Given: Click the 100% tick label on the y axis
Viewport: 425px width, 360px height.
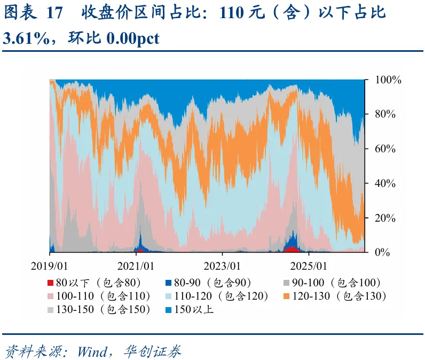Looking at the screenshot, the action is (x=388, y=80).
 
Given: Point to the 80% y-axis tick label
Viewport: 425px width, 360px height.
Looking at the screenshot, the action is (x=385, y=114).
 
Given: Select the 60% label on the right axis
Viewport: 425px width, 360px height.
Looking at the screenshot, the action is (x=385, y=149).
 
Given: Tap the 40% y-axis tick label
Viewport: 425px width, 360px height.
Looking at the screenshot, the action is (x=385, y=184).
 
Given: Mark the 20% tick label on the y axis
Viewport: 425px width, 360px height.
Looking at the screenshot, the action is (x=385, y=218).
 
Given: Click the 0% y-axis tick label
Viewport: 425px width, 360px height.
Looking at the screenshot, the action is (x=382, y=253).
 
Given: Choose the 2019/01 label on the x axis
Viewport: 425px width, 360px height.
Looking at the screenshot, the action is (x=49, y=266).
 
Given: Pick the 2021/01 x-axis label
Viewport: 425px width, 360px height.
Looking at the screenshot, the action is (x=136, y=266).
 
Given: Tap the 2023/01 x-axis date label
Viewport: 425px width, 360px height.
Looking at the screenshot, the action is (x=222, y=266).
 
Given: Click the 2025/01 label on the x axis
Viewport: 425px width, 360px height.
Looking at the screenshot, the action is (x=309, y=266).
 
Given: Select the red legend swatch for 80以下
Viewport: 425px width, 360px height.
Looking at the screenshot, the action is (x=50, y=283).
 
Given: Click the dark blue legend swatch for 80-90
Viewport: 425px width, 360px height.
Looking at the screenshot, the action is (x=168, y=283).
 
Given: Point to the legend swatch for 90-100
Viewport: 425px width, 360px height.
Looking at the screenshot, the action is (x=286, y=283).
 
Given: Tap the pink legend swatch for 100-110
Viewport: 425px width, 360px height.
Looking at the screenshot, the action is (x=50, y=296).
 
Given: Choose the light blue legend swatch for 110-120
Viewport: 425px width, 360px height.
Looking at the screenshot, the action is (x=168, y=296).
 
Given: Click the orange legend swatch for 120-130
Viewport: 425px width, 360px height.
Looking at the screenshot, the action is (x=286, y=296).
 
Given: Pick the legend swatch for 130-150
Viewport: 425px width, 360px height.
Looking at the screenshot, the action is (x=50, y=310).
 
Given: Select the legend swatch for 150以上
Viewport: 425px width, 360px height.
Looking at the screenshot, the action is (x=168, y=310).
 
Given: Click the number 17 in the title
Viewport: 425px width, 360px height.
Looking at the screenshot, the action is (x=54, y=13).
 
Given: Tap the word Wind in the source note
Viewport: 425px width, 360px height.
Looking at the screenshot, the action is (x=92, y=352).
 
